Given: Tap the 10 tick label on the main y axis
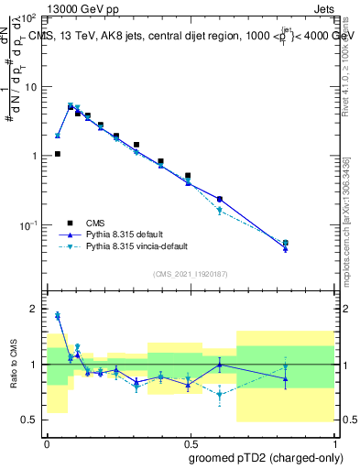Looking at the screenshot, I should tap(31, 86).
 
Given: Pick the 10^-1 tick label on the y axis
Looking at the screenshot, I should tap(29, 225).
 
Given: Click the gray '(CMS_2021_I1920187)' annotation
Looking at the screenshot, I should tap(190, 274).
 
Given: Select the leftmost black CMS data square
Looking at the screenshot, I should tap(58, 154).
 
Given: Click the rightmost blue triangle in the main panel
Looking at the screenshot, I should tap(286, 248).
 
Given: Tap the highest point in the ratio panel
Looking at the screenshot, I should tap(58, 315).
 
